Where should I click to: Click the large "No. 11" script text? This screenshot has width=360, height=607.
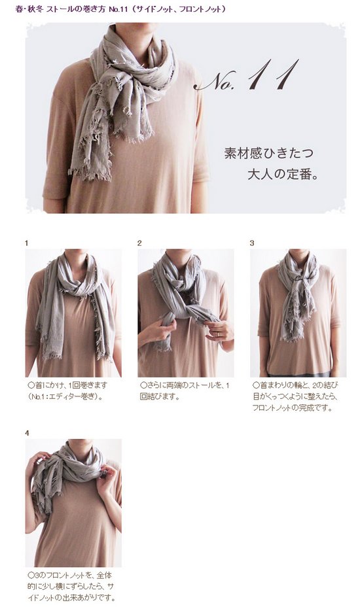(247, 75)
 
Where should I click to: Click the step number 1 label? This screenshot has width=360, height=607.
(26, 243)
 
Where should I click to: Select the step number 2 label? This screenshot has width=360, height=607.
(139, 243)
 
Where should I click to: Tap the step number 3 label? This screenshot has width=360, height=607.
(252, 243)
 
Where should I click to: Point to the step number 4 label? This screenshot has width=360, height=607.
(27, 433)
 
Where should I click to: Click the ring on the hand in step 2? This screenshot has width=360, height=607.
(218, 334)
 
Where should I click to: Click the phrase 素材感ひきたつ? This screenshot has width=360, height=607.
(268, 153)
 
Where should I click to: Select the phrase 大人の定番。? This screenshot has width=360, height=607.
(283, 174)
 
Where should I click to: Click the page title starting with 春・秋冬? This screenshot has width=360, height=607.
(120, 9)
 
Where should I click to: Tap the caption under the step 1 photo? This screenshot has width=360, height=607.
(67, 390)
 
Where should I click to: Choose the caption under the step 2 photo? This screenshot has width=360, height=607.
(185, 390)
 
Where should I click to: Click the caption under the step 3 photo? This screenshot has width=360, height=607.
(296, 396)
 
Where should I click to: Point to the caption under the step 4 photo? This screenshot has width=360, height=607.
(71, 586)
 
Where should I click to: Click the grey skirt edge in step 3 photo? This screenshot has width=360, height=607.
(298, 374)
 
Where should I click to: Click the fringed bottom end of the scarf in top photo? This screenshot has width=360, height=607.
(89, 170)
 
